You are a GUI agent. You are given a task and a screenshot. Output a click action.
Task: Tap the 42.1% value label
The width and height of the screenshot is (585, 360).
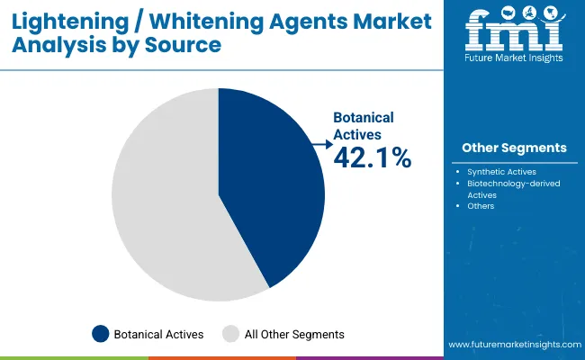(372, 158)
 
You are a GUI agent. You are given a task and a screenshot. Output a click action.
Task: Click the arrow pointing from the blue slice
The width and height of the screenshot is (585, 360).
(319, 143)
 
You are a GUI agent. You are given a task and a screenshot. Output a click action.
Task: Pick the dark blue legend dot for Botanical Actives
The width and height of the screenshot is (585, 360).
(102, 334)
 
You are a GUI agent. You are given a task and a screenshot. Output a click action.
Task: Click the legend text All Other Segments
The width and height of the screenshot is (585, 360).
(294, 334)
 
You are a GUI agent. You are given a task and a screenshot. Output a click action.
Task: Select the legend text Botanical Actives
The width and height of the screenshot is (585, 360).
(158, 334)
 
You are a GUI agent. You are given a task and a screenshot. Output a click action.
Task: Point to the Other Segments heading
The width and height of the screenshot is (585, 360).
(514, 148)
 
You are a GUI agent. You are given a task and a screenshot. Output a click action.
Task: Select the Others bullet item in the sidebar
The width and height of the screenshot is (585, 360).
(481, 206)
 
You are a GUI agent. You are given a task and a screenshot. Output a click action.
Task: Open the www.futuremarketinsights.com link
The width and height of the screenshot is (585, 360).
(512, 345)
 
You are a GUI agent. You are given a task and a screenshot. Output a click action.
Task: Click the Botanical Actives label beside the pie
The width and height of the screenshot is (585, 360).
(364, 125)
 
